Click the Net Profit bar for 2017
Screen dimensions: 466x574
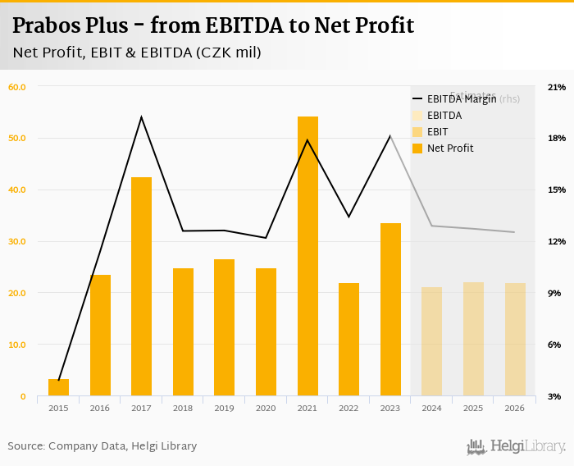(141, 286)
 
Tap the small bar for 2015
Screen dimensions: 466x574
(58, 387)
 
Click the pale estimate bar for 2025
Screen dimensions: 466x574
(473, 339)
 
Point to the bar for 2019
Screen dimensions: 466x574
(225, 327)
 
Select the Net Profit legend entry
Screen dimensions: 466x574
(450, 148)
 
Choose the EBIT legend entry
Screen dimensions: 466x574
(438, 132)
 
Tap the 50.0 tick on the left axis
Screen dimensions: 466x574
(16, 138)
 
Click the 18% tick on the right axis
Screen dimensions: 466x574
(557, 138)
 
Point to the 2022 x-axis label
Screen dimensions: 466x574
(348, 408)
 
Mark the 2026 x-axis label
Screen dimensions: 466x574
(514, 408)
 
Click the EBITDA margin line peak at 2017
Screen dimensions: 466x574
(141, 117)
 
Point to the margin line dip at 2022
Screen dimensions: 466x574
(348, 217)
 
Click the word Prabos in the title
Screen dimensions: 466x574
(51, 25)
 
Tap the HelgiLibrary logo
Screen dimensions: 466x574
(516, 446)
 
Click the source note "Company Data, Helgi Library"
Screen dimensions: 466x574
(123, 446)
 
